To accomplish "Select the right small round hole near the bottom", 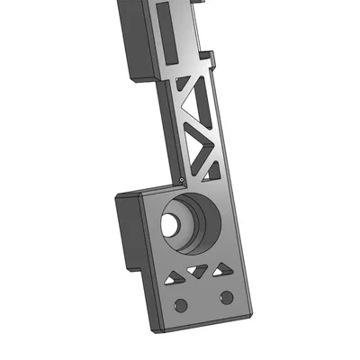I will pyautogui.click(x=226, y=297).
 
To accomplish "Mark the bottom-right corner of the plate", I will pyautogui.click(x=249, y=317).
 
